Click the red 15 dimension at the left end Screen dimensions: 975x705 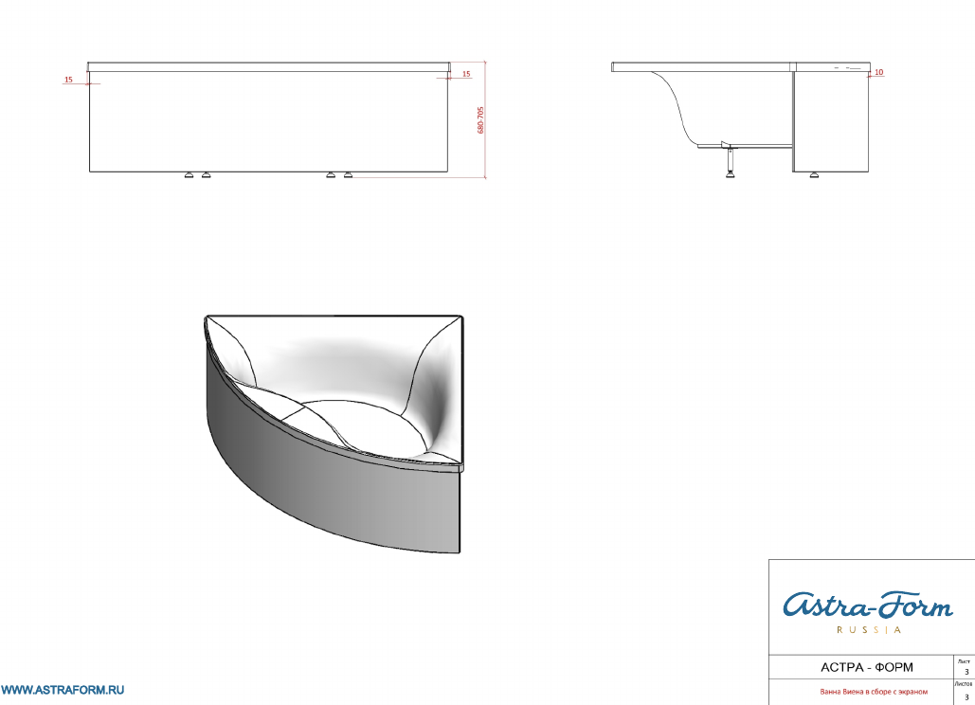(68, 80)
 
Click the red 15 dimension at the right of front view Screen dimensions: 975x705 (466, 74)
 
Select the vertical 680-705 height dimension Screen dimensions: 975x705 (480, 120)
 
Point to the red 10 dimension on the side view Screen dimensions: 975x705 (878, 72)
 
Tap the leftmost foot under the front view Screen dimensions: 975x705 (190, 175)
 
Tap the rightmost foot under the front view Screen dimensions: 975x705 (348, 175)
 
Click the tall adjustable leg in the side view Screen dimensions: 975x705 (730, 160)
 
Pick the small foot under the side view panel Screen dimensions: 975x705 (815, 175)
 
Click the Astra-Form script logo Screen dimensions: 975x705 (867, 605)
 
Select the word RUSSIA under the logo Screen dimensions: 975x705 (868, 630)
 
